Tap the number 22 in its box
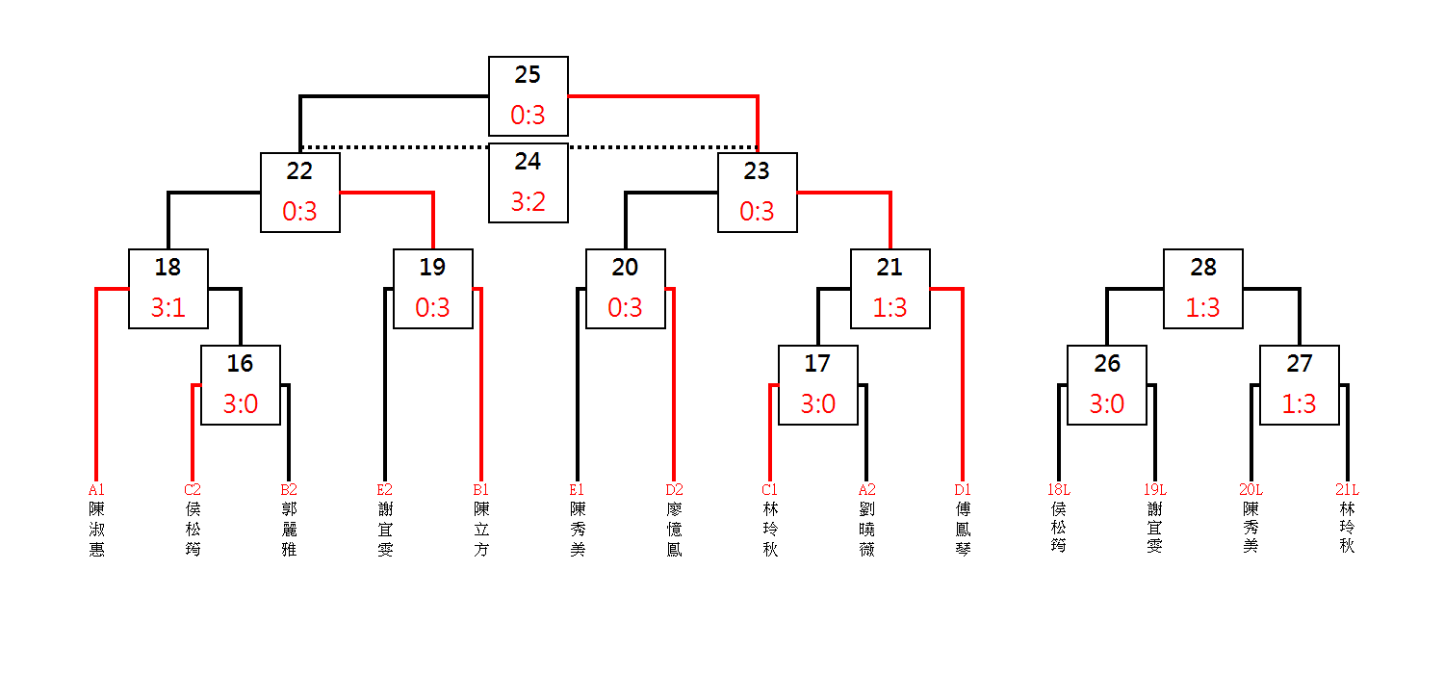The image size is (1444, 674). click(x=299, y=171)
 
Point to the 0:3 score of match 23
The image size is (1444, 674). click(x=757, y=211)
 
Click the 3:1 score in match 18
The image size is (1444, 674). click(x=168, y=307)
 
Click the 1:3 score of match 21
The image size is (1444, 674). click(x=890, y=307)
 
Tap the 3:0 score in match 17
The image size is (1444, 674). click(x=818, y=403)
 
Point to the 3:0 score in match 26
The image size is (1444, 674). click(x=1107, y=403)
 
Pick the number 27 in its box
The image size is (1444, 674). click(x=1299, y=363)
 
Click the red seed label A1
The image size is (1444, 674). click(x=96, y=489)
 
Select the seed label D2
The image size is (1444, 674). click(x=674, y=489)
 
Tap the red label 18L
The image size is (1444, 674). click(x=1059, y=489)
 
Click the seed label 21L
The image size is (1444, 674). click(x=1347, y=489)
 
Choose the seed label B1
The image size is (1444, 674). click(x=481, y=489)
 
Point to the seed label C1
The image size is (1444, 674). click(x=770, y=489)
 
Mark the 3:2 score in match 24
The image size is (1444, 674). click(x=528, y=201)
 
